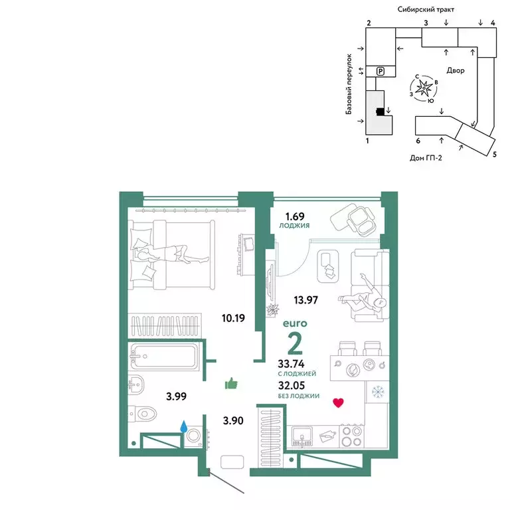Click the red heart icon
tap(338, 403)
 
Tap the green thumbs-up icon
tap(231, 383)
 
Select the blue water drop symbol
tap(184, 426)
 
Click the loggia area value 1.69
tap(295, 216)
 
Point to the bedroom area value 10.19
tap(233, 318)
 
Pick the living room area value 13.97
tap(305, 299)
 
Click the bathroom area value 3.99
tap(176, 396)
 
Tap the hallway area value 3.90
tap(233, 420)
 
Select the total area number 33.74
tap(291, 363)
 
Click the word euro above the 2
tap(295, 323)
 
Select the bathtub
tap(163, 357)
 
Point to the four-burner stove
tap(352, 436)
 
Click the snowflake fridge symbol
tap(378, 392)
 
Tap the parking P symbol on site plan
tap(381, 71)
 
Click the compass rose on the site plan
tap(424, 88)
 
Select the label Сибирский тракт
tap(426, 9)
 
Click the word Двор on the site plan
tap(456, 70)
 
